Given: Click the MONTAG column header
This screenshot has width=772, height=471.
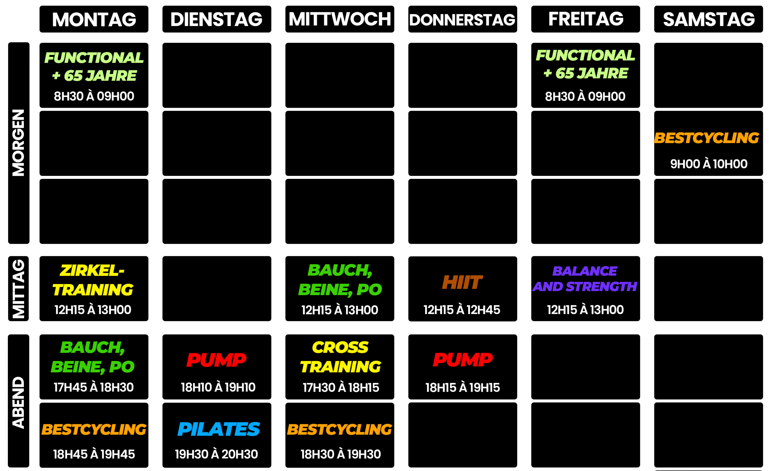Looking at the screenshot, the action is click(x=94, y=19).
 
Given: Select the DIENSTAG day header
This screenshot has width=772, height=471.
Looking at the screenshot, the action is click(x=217, y=19).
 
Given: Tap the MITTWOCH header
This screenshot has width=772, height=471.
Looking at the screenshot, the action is click(x=340, y=19).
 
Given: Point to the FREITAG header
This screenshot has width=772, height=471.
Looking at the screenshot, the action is click(x=586, y=19).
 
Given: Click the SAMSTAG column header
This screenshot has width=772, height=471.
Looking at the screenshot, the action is click(x=709, y=19).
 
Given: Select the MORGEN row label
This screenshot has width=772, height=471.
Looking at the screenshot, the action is click(x=18, y=143).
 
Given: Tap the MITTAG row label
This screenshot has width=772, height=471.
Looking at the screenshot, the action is click(x=18, y=289).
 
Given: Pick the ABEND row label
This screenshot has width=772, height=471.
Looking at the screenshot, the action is click(x=18, y=402).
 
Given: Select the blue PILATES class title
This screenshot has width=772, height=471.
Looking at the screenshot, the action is click(x=219, y=429).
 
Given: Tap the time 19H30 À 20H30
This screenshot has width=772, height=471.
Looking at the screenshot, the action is click(x=217, y=454).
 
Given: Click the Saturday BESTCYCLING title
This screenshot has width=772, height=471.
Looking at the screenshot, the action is click(x=707, y=138).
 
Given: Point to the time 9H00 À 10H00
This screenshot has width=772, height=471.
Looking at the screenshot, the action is click(x=709, y=164).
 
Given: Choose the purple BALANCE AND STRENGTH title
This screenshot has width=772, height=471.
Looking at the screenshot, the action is click(x=585, y=278).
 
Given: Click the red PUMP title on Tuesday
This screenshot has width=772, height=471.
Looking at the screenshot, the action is click(x=217, y=360).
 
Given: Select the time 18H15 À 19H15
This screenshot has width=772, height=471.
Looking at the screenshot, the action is click(x=463, y=388).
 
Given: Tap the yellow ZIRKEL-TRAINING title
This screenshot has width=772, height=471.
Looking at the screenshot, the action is click(x=93, y=280).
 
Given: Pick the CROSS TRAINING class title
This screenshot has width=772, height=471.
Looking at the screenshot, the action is click(x=340, y=357).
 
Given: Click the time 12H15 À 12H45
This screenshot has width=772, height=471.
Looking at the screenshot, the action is click(x=462, y=310).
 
